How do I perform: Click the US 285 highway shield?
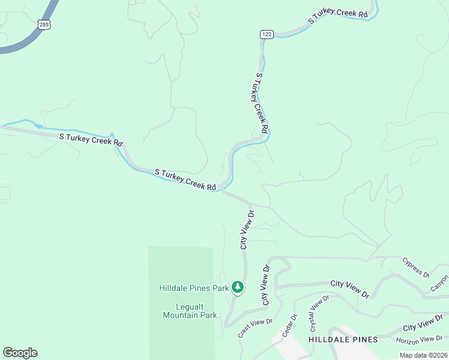tap(44, 24)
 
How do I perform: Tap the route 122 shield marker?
tap(267, 34)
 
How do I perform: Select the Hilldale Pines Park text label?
tap(194, 288)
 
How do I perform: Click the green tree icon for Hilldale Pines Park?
tap(238, 287)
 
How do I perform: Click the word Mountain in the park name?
tap(180, 315)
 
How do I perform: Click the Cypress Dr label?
tap(416, 268)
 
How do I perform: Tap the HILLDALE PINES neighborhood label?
tap(343, 340)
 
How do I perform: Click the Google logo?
tap(20, 353)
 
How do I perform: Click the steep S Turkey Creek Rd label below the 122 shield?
tap(262, 103)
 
